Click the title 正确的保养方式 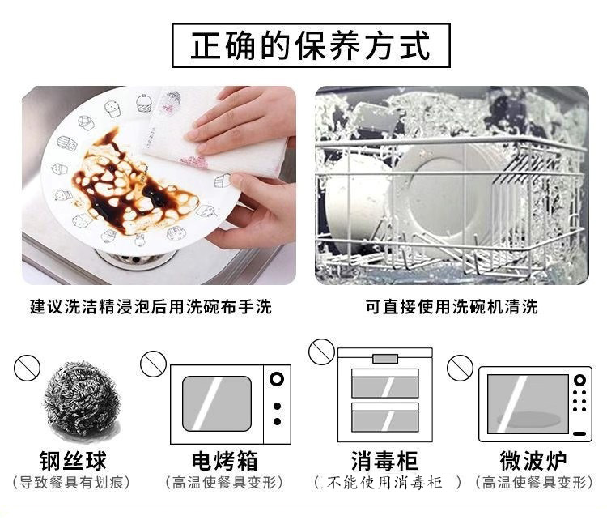311,45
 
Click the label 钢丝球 73,460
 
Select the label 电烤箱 224,460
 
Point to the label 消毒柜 384,460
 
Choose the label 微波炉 533,460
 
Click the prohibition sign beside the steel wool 27,369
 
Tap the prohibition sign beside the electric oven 153,364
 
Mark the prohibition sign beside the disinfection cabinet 321,352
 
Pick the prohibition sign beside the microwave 460,368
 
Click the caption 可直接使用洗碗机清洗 452,306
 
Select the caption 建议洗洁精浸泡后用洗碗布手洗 151,306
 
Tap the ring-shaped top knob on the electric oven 277,379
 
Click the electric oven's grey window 217,403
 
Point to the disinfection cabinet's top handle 385,359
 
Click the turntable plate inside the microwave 528,419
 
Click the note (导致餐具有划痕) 71,483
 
